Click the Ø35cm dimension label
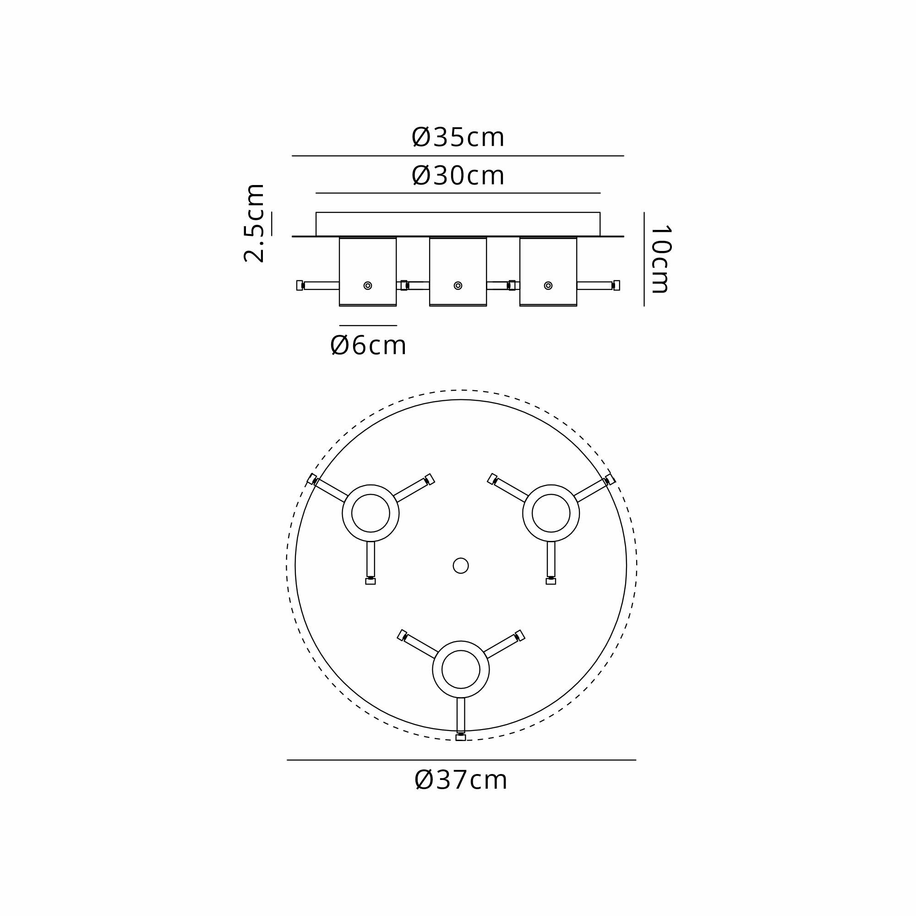(x=458, y=137)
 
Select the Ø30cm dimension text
(x=458, y=176)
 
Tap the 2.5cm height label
(x=254, y=224)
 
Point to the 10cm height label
(x=660, y=259)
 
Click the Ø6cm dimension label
(x=368, y=345)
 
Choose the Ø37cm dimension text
(x=460, y=780)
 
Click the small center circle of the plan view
(x=460, y=566)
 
